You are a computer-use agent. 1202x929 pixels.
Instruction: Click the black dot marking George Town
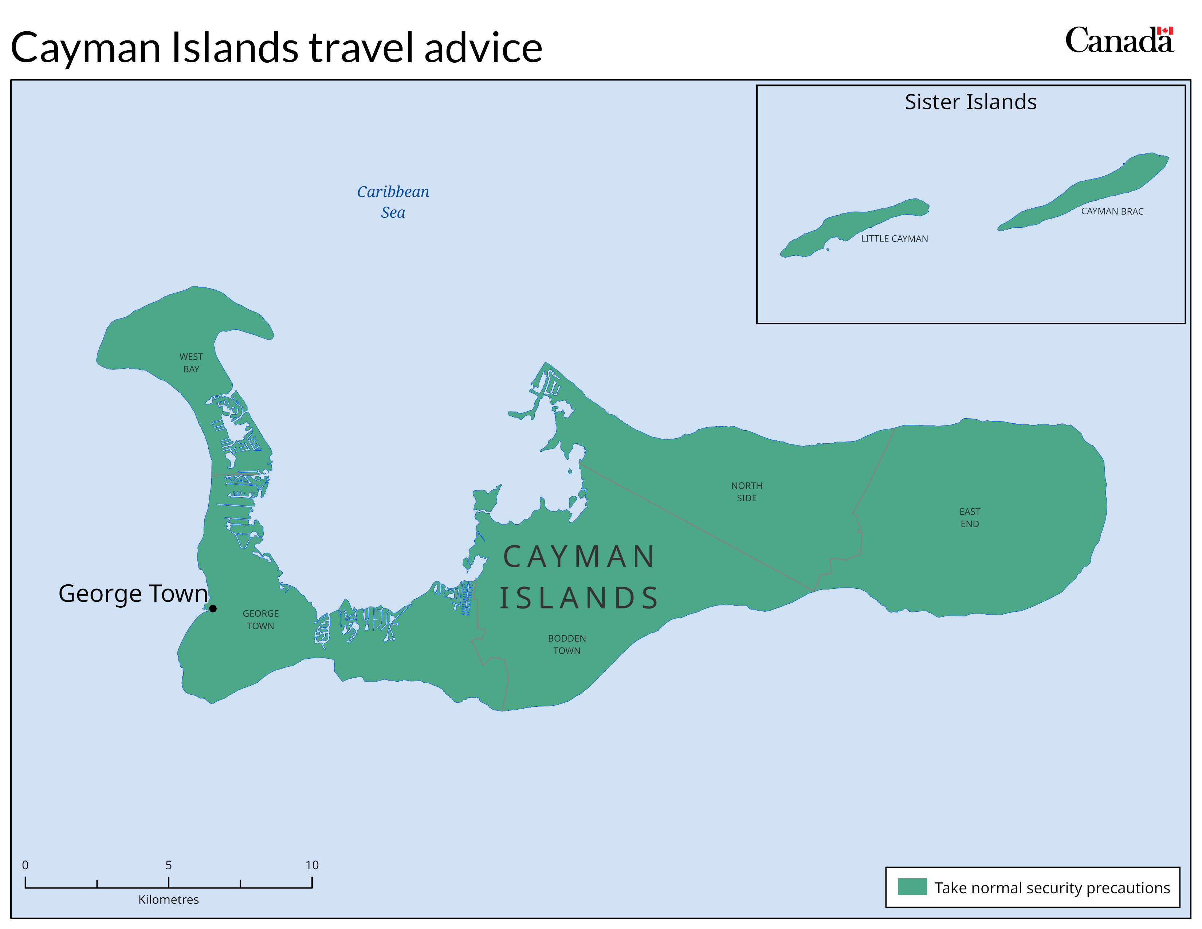pos(212,608)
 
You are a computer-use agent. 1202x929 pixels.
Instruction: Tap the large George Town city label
pos(133,593)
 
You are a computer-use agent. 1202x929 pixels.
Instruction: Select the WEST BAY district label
pos(191,363)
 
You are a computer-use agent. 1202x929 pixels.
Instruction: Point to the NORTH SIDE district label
pos(746,491)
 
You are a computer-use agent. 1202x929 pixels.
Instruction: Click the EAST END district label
pos(969,517)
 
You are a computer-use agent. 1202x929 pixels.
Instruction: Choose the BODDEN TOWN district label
pos(566,644)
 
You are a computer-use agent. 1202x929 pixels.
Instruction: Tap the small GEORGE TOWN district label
pos(260,619)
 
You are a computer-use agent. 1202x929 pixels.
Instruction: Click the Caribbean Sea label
pos(393,202)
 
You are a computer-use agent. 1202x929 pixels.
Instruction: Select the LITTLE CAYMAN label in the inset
pos(894,238)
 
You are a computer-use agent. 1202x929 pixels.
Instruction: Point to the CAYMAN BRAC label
pos(1111,211)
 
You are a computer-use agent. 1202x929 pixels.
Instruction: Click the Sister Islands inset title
pos(970,102)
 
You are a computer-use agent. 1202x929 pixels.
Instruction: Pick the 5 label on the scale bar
pos(168,865)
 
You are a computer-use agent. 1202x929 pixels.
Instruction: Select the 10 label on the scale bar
pos(312,865)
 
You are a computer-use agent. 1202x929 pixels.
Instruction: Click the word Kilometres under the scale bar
pos(168,899)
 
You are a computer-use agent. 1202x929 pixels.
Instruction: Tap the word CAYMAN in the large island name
pos(579,556)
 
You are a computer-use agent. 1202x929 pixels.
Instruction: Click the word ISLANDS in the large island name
pos(579,598)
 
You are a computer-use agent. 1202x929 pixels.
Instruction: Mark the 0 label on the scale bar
pos(25,865)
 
